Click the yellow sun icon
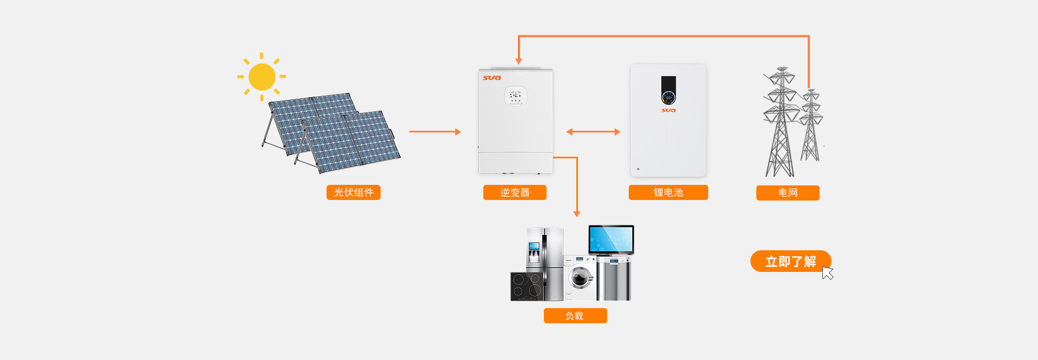(x=262, y=77)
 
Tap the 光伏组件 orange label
(x=354, y=192)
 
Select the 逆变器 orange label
(x=515, y=192)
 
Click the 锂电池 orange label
(x=668, y=192)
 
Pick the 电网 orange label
(x=788, y=193)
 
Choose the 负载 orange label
(x=575, y=316)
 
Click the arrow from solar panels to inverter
(x=435, y=131)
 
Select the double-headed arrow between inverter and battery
(x=593, y=131)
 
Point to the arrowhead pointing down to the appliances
(x=577, y=214)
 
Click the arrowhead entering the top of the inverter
(x=518, y=61)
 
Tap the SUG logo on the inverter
(x=492, y=78)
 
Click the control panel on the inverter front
(x=516, y=97)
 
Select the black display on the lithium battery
(x=669, y=90)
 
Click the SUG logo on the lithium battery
(x=669, y=110)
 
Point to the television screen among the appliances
(x=611, y=239)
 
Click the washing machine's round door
(x=580, y=278)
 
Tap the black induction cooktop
(x=527, y=286)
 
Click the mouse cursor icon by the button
(x=827, y=273)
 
